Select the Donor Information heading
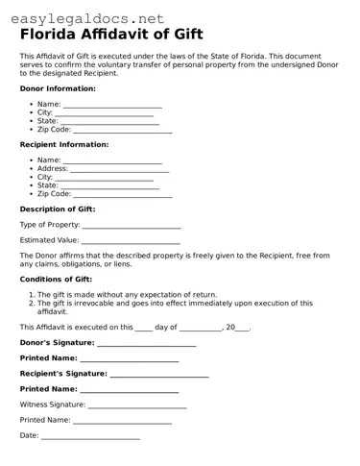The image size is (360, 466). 58,87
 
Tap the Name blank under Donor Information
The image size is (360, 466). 112,105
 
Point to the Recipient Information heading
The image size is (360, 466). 64,144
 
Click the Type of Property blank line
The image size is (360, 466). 132,226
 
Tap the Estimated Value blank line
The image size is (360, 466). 131,241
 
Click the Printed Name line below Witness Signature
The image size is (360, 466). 123,421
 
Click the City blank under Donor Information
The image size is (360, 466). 106,113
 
